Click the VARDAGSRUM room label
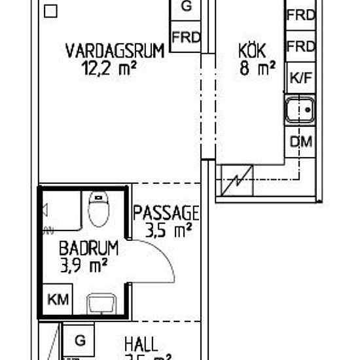tap(115, 50)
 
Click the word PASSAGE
tap(166, 213)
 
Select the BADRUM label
tap(88, 248)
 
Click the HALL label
tap(141, 344)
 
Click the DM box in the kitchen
tap(301, 142)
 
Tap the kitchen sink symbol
tap(301, 109)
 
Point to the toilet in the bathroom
tap(98, 209)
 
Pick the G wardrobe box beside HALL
tap(79, 341)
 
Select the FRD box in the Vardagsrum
tap(185, 37)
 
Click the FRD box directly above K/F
tap(301, 47)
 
